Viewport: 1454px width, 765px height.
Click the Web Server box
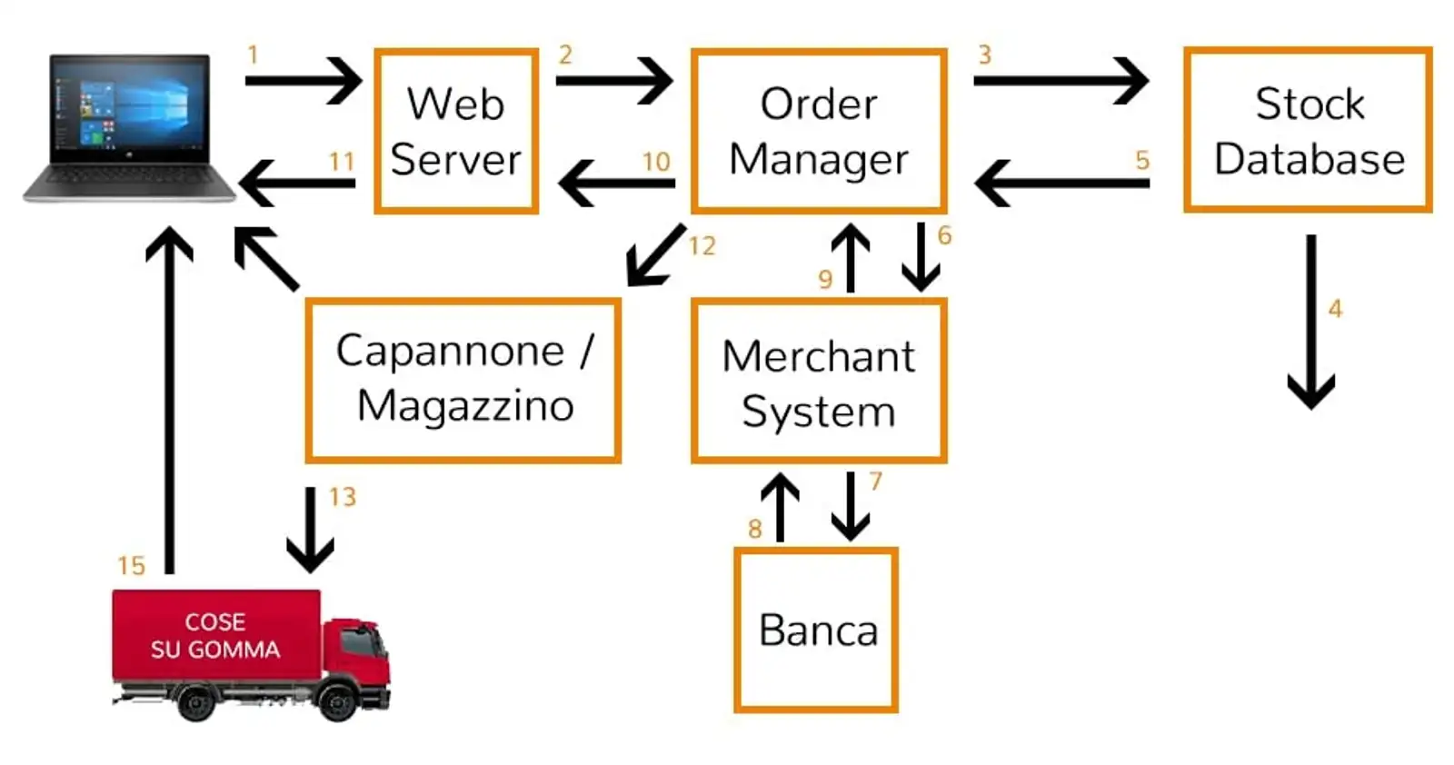[456, 132]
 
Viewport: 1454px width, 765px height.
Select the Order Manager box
[819, 132]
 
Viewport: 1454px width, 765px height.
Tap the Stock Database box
[1308, 131]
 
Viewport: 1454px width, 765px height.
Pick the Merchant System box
[819, 382]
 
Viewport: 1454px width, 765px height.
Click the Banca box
[816, 630]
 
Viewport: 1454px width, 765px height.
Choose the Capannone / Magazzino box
[463, 380]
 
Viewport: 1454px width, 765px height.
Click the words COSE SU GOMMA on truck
[215, 635]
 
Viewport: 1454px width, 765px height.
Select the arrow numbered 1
[303, 81]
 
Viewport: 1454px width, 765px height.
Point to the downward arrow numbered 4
[1310, 323]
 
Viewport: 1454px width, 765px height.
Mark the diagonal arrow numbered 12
[656, 255]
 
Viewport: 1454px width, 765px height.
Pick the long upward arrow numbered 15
[170, 400]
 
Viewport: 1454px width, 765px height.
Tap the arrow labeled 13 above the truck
[310, 530]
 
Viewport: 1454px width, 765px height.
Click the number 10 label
[656, 162]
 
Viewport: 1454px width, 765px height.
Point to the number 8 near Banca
[754, 529]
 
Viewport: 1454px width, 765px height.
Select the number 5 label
[1142, 161]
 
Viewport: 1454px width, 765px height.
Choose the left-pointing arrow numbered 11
[297, 183]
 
